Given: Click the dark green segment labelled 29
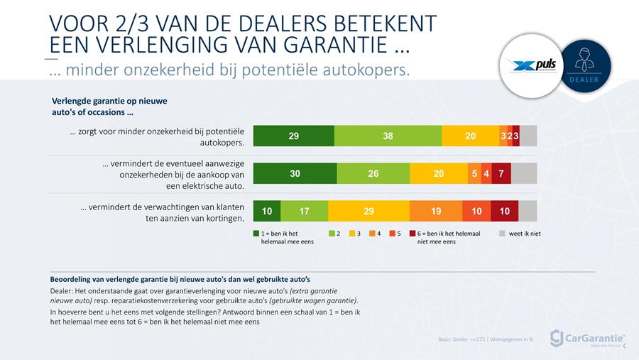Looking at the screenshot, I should (293, 136).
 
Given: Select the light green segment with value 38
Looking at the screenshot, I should (388, 136).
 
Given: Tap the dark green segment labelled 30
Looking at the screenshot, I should (295, 173).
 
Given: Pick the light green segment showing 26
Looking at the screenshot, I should (373, 173).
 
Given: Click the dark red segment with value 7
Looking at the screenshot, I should (501, 173).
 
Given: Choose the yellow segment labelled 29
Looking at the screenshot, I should (368, 211).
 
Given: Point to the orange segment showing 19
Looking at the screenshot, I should (436, 211).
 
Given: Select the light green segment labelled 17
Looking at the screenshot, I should (304, 211).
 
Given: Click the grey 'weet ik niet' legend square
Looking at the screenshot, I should (503, 233).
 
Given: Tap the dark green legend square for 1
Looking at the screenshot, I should (257, 233).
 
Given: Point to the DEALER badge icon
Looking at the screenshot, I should (586, 64).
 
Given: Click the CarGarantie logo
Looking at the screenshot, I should (587, 338).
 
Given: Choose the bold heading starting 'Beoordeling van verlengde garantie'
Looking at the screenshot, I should (180, 278).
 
